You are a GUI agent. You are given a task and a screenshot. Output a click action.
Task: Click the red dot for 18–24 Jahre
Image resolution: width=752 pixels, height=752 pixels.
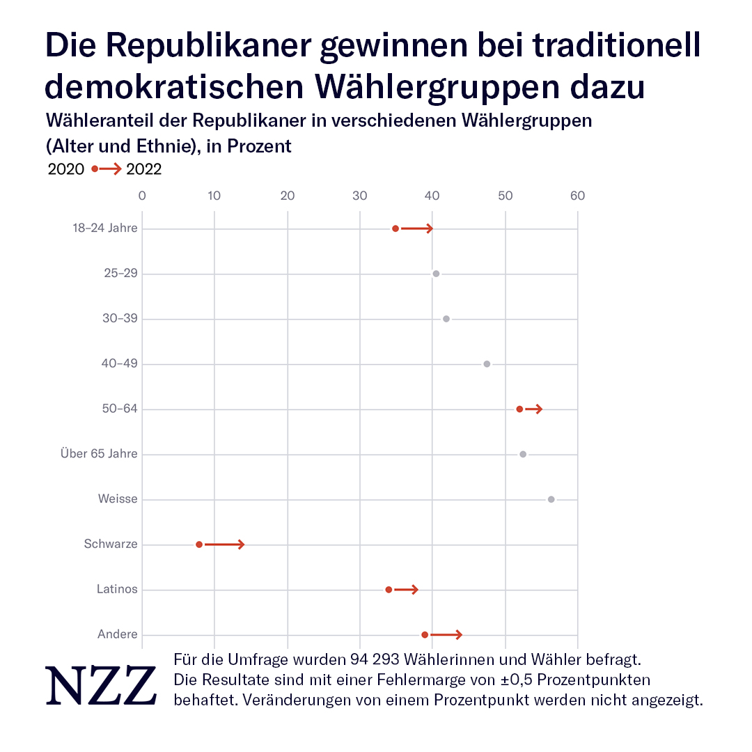pyautogui.click(x=395, y=228)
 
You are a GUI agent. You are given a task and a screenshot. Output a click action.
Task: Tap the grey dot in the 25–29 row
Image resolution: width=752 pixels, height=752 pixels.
pyautogui.click(x=436, y=274)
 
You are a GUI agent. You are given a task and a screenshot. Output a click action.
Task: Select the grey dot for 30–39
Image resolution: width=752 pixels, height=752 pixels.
pyautogui.click(x=446, y=319)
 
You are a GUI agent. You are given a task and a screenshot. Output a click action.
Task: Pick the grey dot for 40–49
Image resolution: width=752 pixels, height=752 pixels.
pyautogui.click(x=487, y=364)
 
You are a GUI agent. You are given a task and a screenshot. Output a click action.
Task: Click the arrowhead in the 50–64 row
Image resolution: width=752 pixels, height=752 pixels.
pyautogui.click(x=539, y=409)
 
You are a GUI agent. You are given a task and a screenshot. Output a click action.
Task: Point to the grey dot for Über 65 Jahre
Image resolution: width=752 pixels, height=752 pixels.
pyautogui.click(x=523, y=455)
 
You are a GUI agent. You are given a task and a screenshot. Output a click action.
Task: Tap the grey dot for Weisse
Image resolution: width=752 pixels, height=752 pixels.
pyautogui.click(x=551, y=499)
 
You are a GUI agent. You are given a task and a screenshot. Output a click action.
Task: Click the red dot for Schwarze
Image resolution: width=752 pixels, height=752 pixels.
pyautogui.click(x=199, y=545)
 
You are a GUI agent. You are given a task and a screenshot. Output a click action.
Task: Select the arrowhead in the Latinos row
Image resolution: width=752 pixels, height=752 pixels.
pyautogui.click(x=415, y=590)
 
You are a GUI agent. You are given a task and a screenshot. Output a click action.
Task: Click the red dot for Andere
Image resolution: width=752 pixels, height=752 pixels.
pyautogui.click(x=425, y=635)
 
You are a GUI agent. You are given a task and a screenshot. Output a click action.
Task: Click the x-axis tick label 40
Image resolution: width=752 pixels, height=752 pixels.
pyautogui.click(x=432, y=196)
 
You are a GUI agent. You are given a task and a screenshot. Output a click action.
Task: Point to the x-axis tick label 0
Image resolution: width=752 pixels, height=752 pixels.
pyautogui.click(x=142, y=196)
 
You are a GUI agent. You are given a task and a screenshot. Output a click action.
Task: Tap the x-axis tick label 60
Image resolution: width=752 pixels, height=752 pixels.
pyautogui.click(x=577, y=196)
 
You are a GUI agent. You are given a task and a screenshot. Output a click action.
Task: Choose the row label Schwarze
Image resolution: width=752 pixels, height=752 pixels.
pyautogui.click(x=111, y=545)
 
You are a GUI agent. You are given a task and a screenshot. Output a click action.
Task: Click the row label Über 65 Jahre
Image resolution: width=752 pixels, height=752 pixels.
pyautogui.click(x=99, y=455)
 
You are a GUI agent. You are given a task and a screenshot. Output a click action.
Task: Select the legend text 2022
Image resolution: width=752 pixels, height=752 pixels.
pyautogui.click(x=144, y=169)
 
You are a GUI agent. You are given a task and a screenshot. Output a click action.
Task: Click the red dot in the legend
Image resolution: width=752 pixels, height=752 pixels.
pyautogui.click(x=95, y=169)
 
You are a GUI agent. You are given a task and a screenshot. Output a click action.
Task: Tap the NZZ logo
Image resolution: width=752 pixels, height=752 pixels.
pyautogui.click(x=101, y=685)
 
